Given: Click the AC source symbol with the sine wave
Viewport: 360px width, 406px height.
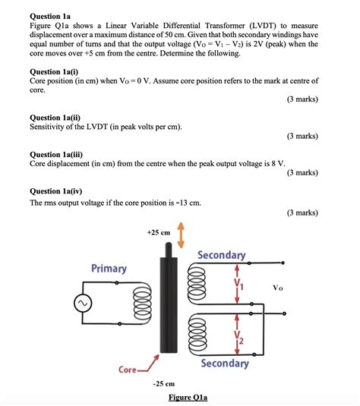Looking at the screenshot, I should point(81,304).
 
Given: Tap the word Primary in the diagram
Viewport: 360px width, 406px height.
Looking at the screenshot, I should point(109,269).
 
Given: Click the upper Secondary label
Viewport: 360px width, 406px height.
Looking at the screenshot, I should point(221,255).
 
